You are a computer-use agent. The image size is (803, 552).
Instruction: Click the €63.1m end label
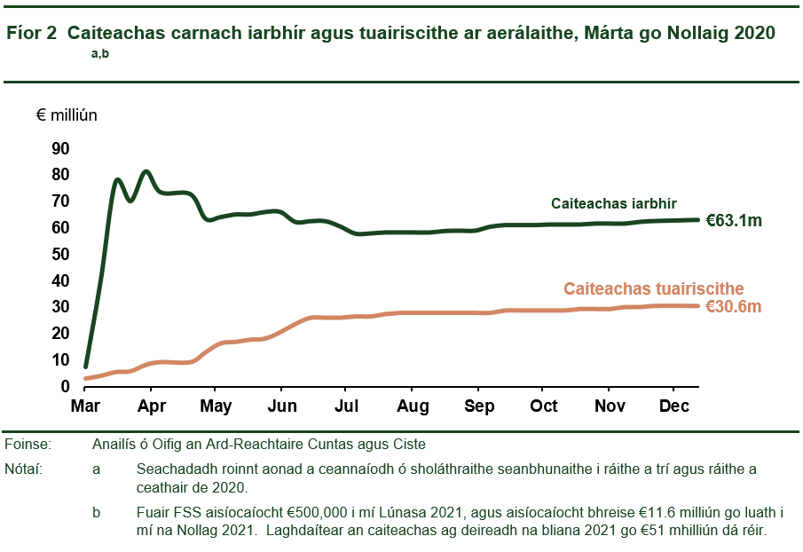coord(734,221)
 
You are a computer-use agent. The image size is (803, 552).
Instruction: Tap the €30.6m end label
coord(734,306)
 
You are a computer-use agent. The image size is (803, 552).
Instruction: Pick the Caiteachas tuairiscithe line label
coord(653,288)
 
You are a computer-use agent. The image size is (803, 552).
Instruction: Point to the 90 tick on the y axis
coord(61,148)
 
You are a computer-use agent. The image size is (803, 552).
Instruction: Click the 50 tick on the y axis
coord(61,254)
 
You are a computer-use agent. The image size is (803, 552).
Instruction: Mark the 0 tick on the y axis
coord(66,387)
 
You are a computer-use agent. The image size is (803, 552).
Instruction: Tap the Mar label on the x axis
coord(85,406)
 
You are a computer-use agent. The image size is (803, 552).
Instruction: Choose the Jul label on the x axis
coord(347,406)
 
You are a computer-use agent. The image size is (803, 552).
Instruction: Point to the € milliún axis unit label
coord(67,115)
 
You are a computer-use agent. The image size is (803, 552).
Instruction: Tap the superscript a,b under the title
coord(99,54)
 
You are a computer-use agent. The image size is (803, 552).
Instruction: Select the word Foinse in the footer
coord(28,444)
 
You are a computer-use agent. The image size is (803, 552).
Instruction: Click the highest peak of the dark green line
coord(146,171)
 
